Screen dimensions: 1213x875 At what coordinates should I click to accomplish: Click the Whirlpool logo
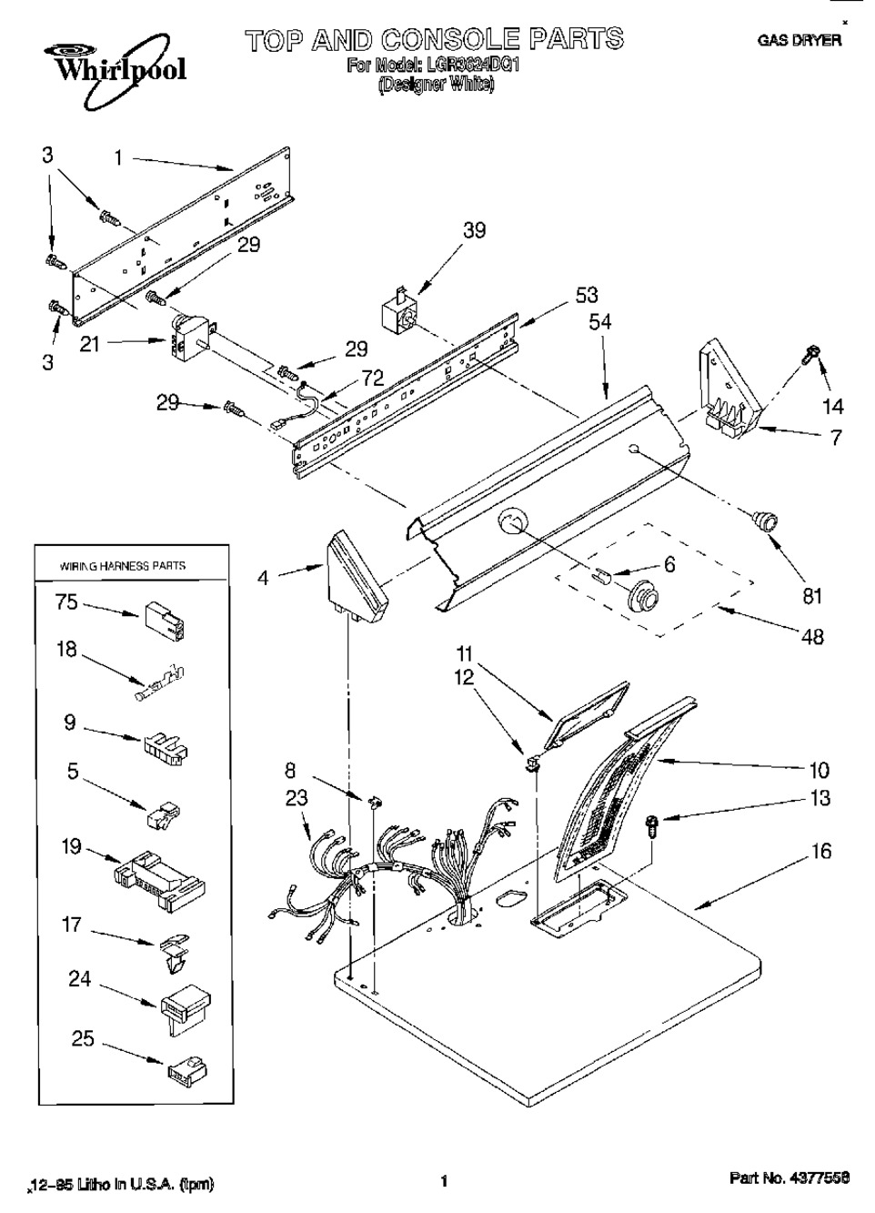pos(107,65)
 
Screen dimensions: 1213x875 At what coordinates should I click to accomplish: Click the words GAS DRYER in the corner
pos(799,41)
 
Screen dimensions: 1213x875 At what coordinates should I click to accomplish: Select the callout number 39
pos(474,231)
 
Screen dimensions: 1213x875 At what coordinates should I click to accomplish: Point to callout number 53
pos(587,295)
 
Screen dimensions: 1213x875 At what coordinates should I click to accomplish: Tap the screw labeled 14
pos(809,358)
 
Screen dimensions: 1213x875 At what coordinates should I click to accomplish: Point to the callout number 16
pos(820,852)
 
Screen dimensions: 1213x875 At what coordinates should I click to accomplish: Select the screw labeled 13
pos(652,826)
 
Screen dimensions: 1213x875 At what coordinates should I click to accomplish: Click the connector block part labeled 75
pos(165,621)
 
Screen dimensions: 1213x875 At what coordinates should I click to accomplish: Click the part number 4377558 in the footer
pos(790,1178)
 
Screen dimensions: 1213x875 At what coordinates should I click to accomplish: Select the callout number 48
pos(811,636)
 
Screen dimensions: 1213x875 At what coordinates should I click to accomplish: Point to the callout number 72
pos(373,378)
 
